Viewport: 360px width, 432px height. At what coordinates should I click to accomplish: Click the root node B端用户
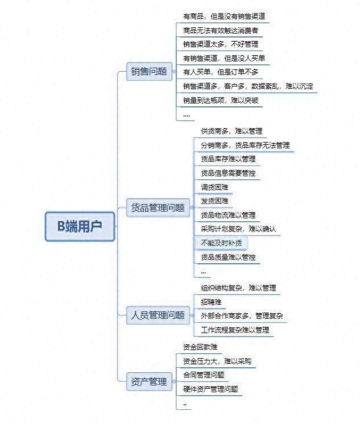point(80,226)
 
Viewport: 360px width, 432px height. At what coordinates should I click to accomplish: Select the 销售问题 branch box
point(149,72)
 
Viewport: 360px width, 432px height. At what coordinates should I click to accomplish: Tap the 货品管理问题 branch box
point(158,207)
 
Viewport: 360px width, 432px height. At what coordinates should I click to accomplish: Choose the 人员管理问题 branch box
point(158,315)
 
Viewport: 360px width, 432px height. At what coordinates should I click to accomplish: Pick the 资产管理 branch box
point(149,382)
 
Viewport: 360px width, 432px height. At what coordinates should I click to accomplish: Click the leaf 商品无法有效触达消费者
point(221,30)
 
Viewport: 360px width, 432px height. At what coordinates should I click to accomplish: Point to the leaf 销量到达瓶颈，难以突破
point(221,100)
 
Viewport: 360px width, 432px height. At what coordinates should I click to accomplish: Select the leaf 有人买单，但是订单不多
point(221,72)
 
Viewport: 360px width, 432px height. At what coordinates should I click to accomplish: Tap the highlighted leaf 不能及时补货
point(221,243)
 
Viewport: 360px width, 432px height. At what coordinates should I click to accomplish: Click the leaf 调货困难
point(214,188)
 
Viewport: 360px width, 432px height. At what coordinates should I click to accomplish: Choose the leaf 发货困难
point(214,201)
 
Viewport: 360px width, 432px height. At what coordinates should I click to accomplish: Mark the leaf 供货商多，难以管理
point(231,131)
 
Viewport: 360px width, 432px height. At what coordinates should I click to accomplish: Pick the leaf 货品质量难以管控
point(228,257)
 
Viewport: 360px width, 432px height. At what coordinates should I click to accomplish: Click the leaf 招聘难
point(211,302)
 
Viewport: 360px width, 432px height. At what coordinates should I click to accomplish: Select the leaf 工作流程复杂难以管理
point(235,330)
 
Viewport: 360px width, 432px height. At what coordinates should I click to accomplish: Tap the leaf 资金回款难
point(200,347)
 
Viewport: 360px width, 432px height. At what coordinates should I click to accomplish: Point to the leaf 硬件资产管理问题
point(210,389)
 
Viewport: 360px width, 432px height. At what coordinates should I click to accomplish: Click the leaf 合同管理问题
point(204,375)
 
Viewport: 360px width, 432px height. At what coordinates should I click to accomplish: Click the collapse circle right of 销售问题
point(174,72)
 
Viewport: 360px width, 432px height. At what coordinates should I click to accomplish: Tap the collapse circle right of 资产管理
point(174,381)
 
